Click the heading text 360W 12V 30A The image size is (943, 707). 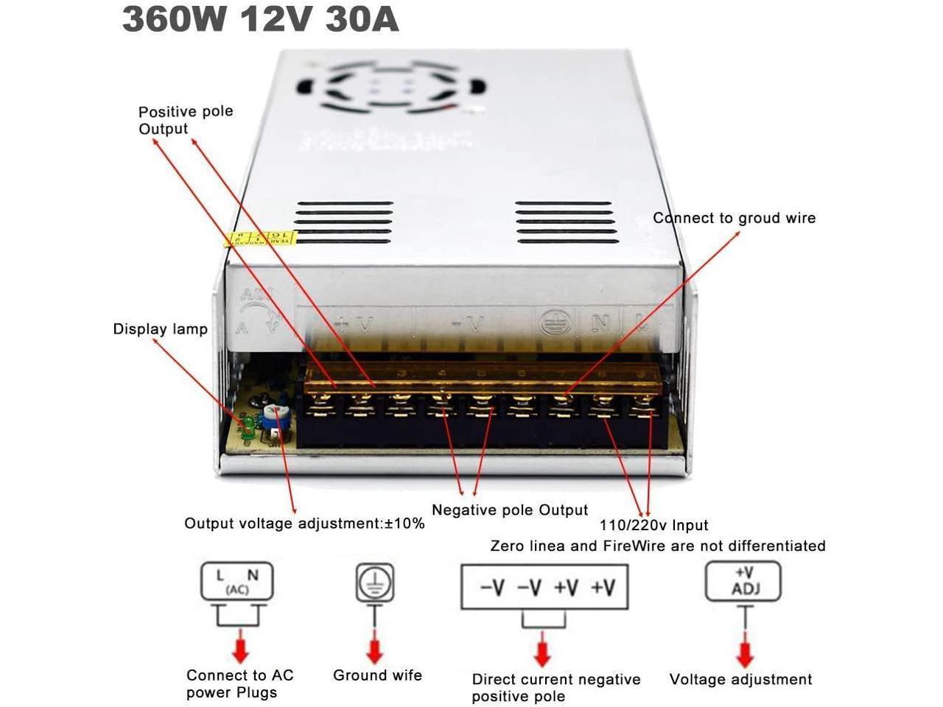point(260,20)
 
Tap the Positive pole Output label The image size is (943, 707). point(185,120)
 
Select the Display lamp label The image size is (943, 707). point(160,329)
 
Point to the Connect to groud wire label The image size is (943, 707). point(734,218)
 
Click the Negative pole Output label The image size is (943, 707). point(510,510)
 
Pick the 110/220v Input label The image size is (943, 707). point(653,525)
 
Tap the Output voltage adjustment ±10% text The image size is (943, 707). point(304,524)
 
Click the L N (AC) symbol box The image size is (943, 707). point(237,582)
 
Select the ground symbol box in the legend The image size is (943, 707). point(375,583)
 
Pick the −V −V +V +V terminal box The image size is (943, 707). point(544,587)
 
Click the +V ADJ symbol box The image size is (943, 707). point(743,582)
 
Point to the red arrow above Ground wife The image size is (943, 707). point(375,649)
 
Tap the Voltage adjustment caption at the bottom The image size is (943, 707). point(740,680)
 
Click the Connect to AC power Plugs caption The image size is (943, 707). point(239,683)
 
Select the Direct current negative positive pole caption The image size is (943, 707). point(555,688)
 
